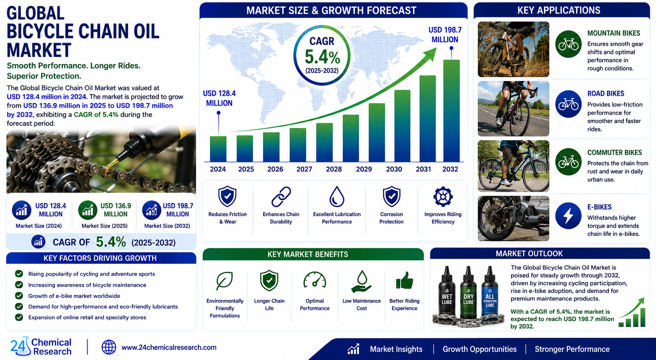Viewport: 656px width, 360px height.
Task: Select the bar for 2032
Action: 451,111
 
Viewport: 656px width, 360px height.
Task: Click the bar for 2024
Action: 218,149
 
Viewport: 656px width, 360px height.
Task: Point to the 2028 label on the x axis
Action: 334,169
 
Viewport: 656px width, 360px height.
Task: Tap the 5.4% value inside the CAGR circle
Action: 322,57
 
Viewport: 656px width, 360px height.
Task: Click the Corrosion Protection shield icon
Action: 392,196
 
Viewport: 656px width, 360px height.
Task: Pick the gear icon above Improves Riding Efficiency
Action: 443,196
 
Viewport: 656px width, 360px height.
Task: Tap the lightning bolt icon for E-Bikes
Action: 568,215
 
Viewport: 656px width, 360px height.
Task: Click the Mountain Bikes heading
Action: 613,33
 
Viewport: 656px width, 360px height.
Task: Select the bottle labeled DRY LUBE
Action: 468,293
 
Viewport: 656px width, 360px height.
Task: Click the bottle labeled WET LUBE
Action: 447,293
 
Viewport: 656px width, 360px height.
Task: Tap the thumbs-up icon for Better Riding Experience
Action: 405,281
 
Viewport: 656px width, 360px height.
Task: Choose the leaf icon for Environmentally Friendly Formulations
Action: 225,281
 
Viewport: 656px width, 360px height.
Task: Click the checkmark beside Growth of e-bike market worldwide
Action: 19,296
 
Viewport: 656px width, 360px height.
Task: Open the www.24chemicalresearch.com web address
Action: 169,347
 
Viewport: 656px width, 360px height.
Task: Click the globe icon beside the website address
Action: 108,347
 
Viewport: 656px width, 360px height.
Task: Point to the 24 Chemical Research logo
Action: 41,346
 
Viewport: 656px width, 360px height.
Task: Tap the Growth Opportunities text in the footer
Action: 479,349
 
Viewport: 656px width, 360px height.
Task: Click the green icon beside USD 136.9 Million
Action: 88,210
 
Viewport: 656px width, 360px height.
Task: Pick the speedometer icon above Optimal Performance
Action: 315,280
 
